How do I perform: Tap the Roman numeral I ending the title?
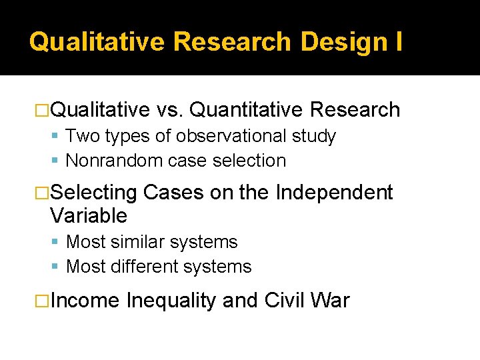click(398, 41)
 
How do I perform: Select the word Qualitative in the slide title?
click(97, 41)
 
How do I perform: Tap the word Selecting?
click(93, 193)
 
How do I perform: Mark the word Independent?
click(334, 193)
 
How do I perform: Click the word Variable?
click(88, 215)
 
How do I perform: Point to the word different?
click(143, 267)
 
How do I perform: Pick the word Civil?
click(285, 301)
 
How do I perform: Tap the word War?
click(329, 301)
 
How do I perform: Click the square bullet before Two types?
click(58, 137)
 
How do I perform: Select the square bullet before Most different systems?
click(58, 267)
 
